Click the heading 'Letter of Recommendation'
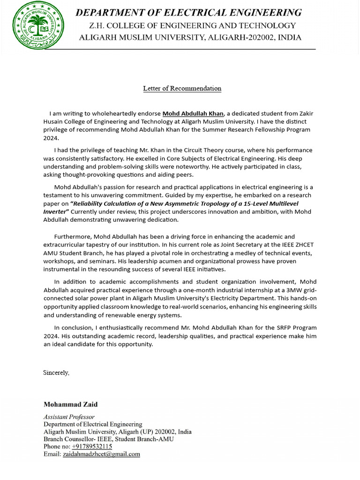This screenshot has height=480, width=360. (182, 88)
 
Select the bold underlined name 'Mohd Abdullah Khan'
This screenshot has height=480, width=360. (193, 113)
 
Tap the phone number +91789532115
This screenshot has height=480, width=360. (92, 446)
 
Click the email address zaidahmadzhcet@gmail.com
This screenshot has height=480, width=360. (101, 454)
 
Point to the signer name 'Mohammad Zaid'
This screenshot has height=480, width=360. (71, 404)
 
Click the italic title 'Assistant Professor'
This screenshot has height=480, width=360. (69, 417)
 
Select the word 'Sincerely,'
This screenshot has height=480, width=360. (56, 373)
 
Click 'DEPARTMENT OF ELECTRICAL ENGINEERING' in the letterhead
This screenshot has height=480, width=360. (189, 13)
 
